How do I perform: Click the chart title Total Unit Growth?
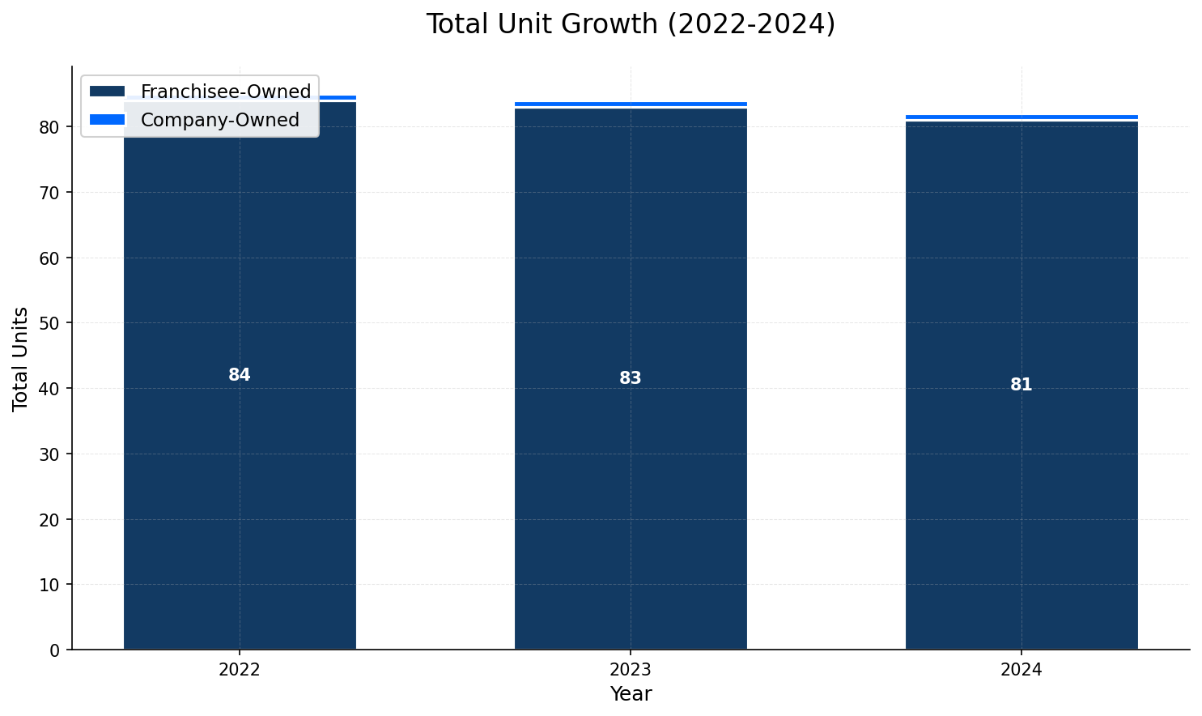pos(631,24)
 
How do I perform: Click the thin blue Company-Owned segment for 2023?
pos(631,104)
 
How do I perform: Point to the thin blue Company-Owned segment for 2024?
pos(1021,117)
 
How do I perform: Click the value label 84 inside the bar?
pos(240,375)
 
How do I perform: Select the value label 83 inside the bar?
pos(631,378)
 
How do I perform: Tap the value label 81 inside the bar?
pos(1021,385)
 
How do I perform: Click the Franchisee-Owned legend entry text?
pos(226,92)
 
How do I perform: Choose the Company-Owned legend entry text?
pos(220,120)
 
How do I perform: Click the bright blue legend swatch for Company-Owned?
pos(108,120)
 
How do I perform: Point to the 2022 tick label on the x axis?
pos(240,670)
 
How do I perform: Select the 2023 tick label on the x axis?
pos(631,670)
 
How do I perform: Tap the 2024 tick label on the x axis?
pos(1021,670)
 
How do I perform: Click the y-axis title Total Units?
pos(21,359)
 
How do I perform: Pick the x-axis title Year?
pos(631,694)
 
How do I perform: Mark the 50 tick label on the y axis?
pos(50,323)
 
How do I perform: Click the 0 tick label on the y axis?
pos(55,650)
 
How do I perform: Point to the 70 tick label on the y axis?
pos(50,193)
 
